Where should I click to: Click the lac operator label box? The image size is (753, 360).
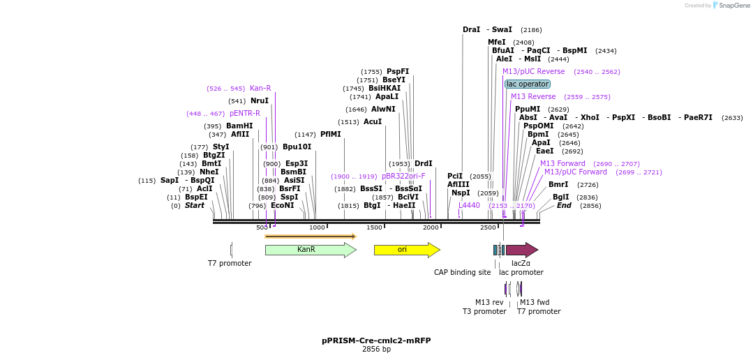(528, 84)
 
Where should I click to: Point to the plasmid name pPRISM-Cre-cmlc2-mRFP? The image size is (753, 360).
(376, 340)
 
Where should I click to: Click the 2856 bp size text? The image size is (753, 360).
(376, 349)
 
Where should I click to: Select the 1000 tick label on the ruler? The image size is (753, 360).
(317, 227)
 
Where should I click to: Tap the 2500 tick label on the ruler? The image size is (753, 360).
(488, 227)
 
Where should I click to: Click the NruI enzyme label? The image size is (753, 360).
(260, 101)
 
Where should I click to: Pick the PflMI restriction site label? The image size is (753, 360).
(331, 135)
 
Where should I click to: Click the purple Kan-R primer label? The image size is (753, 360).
(260, 89)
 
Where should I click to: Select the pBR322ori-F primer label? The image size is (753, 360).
(403, 177)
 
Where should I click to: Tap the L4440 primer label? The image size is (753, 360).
(469, 205)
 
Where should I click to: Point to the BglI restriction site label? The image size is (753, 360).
(561, 197)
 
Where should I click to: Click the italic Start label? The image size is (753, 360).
(195, 206)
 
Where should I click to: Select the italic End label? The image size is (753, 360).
(564, 206)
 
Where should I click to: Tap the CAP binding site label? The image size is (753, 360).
(462, 272)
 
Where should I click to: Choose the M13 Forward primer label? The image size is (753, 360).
(562, 164)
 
